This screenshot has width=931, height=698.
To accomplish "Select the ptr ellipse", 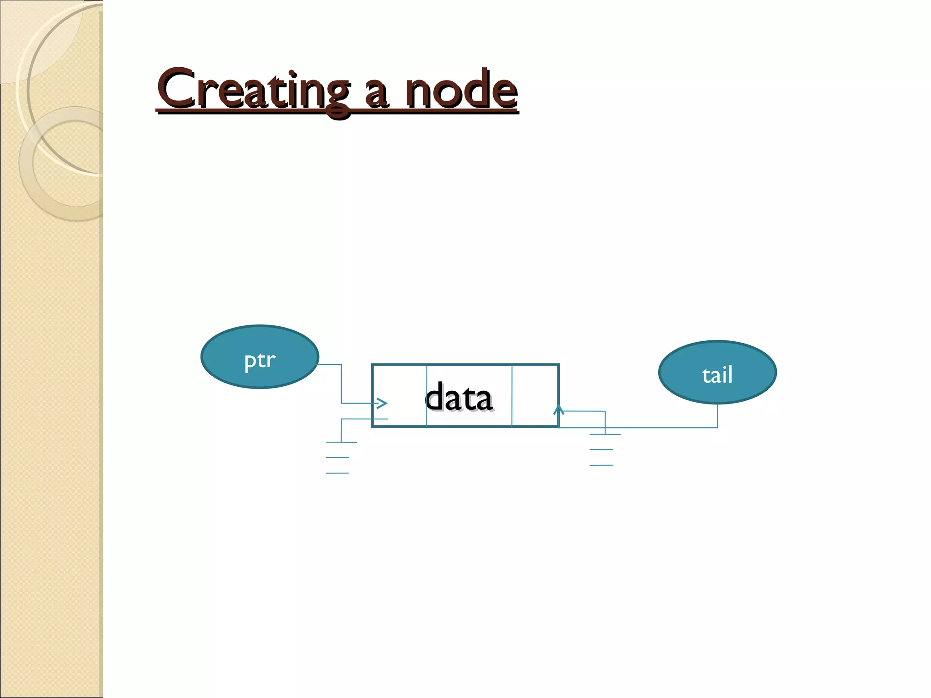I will click(x=260, y=357).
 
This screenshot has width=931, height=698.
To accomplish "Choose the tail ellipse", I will click(x=717, y=372).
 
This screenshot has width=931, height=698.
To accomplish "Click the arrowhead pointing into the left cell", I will click(x=382, y=403).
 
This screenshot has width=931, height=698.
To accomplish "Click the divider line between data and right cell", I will click(x=512, y=395).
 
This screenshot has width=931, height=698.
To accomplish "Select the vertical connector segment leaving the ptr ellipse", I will click(x=341, y=384).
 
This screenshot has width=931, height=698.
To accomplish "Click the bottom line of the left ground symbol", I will click(x=337, y=473).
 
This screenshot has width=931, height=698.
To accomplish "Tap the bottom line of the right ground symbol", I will click(x=601, y=465).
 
